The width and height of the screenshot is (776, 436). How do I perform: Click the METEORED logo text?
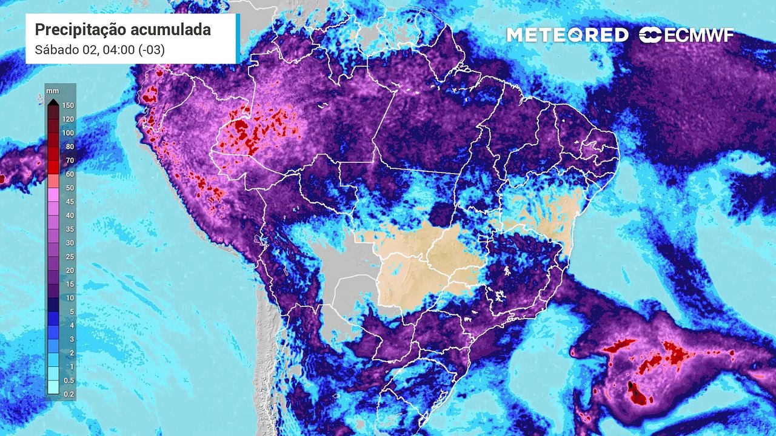tap(567, 35)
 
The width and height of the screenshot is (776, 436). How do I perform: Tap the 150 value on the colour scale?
tap(67, 105)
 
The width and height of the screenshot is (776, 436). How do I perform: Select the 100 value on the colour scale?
tap(67, 133)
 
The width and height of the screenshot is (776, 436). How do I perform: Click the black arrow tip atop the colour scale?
tap(53, 102)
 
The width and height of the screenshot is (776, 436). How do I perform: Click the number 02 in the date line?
tap(89, 50)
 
